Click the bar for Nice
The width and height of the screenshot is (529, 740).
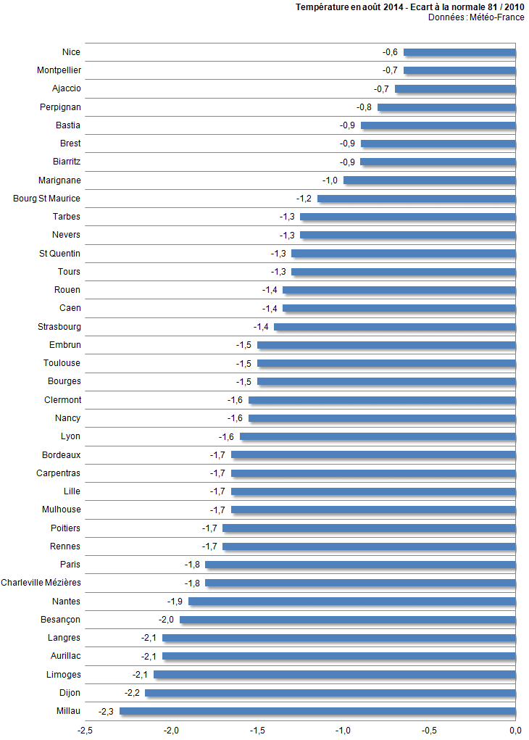(x=459, y=52)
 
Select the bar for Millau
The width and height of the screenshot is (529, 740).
(x=317, y=711)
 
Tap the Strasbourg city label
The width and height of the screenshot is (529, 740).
(x=59, y=327)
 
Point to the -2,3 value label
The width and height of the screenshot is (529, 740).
(x=107, y=711)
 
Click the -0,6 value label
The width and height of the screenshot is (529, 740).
(x=391, y=52)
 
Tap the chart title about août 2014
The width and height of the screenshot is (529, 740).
(x=410, y=7)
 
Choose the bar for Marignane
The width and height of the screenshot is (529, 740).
(x=429, y=180)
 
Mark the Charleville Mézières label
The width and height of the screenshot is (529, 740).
(x=41, y=583)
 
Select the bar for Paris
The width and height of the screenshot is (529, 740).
(x=360, y=565)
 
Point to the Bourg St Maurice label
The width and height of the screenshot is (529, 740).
(x=47, y=199)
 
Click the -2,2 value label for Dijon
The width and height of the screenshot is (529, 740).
(x=133, y=693)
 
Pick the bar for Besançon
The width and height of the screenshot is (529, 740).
(x=348, y=620)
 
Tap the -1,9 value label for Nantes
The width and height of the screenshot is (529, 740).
(x=175, y=602)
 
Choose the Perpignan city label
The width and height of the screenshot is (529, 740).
(x=60, y=107)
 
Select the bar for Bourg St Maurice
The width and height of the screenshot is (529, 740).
(x=417, y=199)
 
